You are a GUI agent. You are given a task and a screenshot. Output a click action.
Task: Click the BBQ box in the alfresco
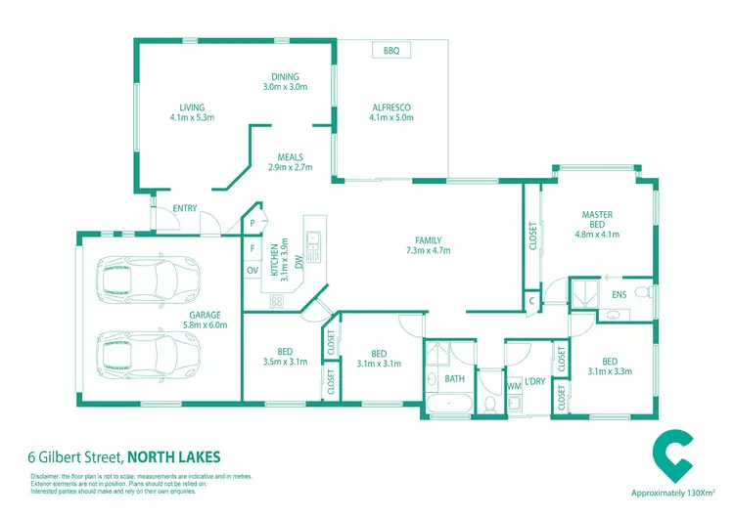391,50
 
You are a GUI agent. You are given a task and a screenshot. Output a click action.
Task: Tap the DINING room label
285,77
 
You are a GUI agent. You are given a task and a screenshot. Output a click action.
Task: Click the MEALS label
290,156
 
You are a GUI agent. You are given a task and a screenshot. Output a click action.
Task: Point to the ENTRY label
184,207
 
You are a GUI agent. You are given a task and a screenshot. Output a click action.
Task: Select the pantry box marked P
252,224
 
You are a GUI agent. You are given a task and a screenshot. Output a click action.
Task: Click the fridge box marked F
252,248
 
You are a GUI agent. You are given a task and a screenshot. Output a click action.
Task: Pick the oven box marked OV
252,270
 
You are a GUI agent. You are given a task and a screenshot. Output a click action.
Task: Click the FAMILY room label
428,240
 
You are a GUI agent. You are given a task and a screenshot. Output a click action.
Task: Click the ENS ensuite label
619,293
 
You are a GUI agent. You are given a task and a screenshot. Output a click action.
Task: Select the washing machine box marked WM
513,386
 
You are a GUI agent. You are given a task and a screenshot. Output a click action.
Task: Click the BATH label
454,378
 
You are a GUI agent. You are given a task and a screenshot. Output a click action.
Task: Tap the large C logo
673,452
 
